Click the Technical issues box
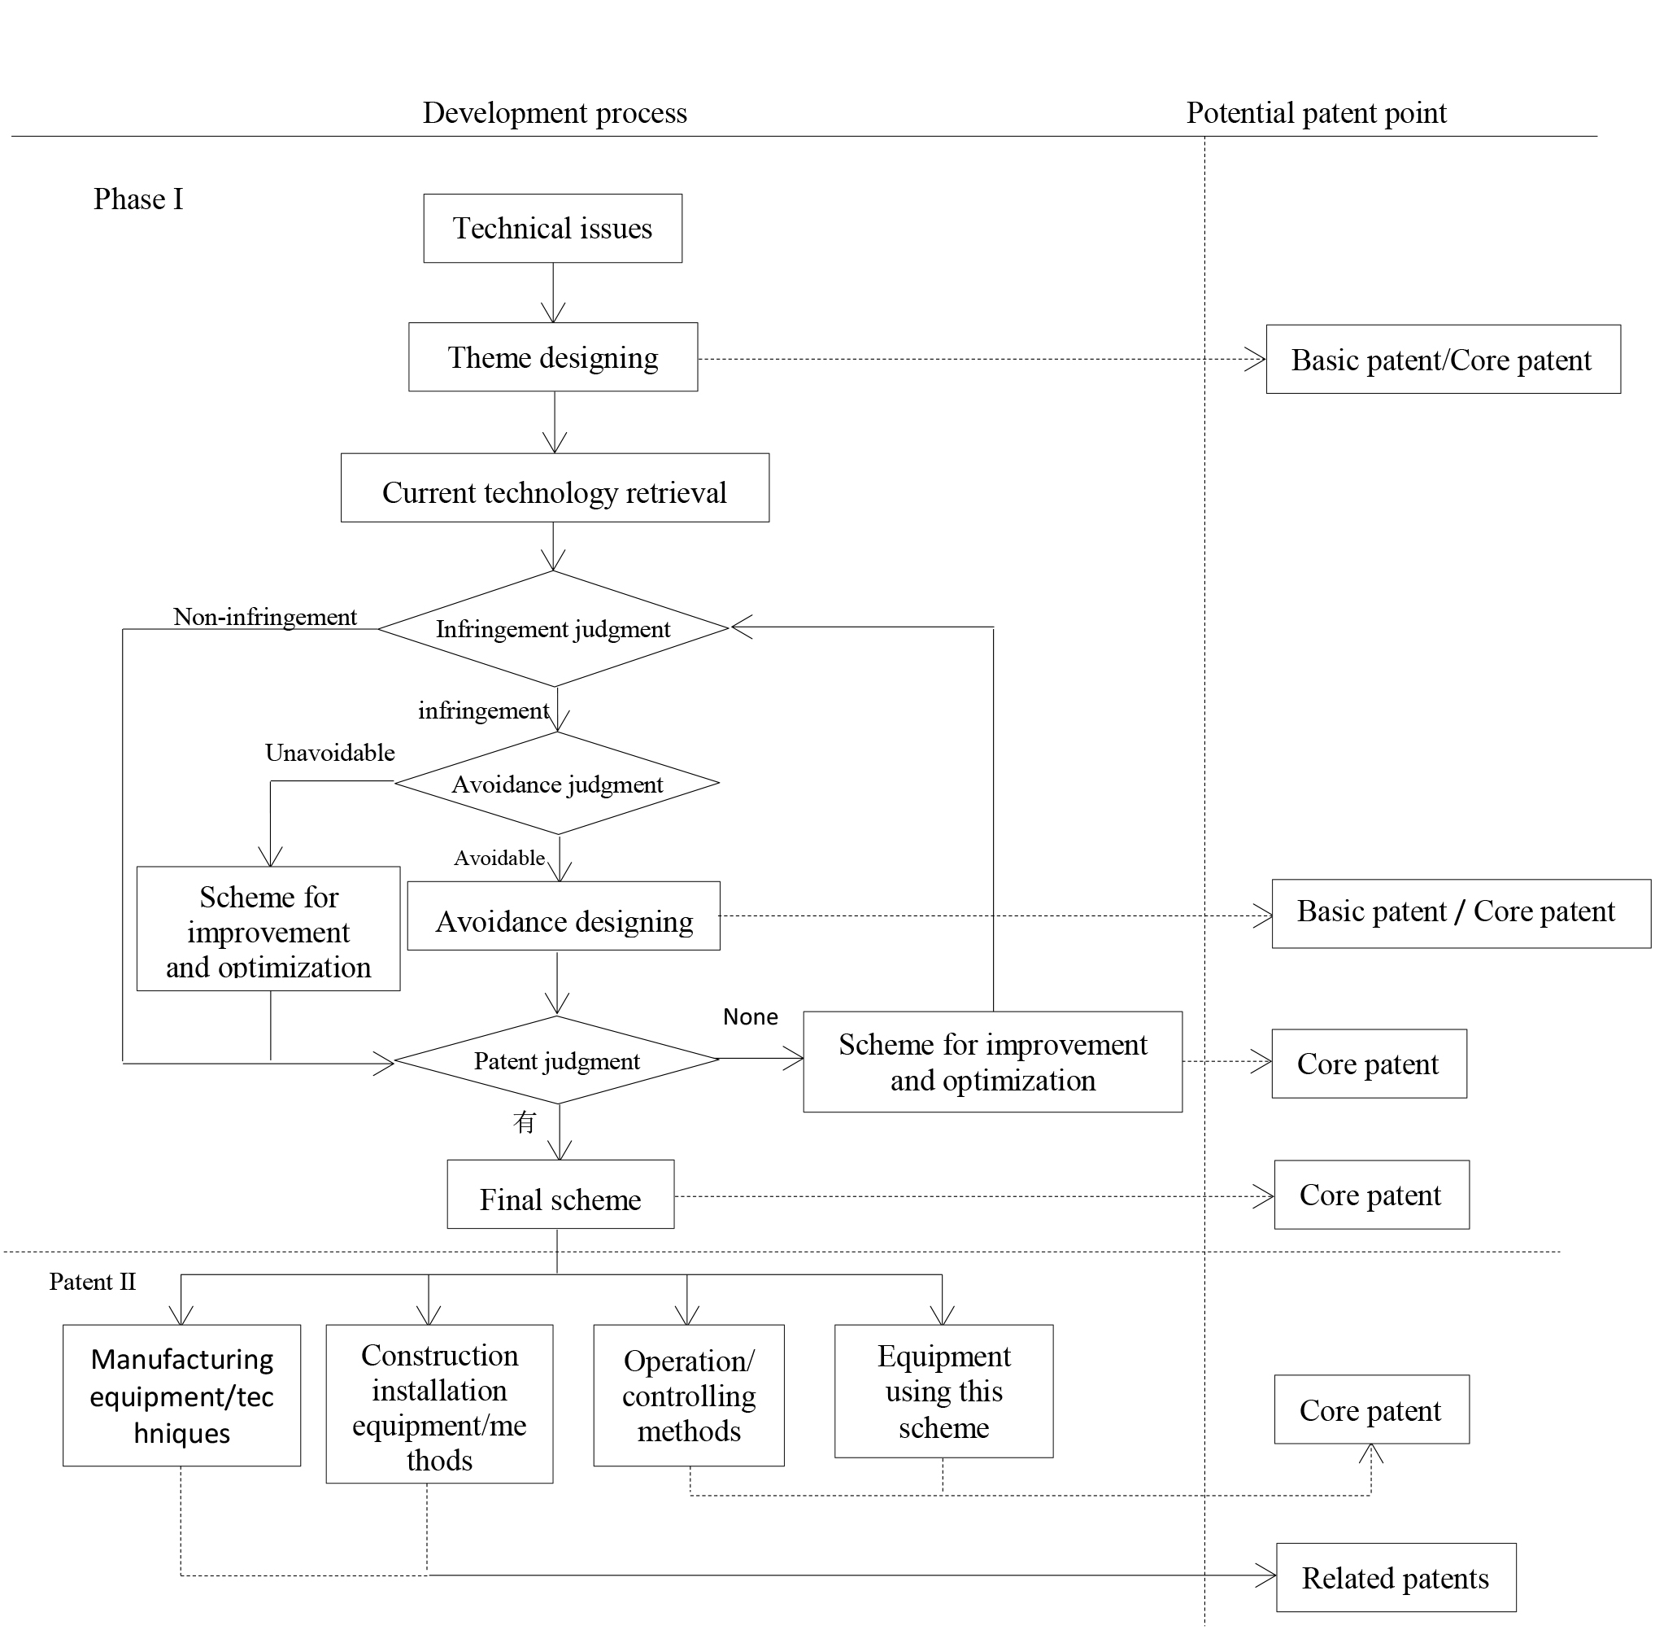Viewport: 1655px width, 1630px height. (x=553, y=229)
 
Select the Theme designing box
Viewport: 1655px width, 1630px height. (x=553, y=357)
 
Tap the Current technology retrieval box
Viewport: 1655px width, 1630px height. (x=555, y=488)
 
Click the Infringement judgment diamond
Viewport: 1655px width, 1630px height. (x=553, y=629)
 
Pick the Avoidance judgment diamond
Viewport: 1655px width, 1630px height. (x=557, y=784)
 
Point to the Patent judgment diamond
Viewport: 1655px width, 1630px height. (x=557, y=1060)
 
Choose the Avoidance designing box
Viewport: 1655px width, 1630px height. (x=564, y=916)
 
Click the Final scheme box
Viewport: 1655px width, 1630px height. (x=560, y=1195)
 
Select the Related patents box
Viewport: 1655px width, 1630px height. (x=1396, y=1578)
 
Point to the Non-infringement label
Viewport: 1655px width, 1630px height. (x=265, y=617)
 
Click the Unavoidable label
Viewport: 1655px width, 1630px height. (x=330, y=754)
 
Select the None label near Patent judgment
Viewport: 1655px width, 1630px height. (x=751, y=1017)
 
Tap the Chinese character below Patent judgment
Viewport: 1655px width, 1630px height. (x=525, y=1122)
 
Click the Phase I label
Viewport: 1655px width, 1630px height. (x=138, y=199)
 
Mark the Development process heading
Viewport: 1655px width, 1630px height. (x=555, y=113)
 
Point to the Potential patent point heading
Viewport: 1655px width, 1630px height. (x=1316, y=113)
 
